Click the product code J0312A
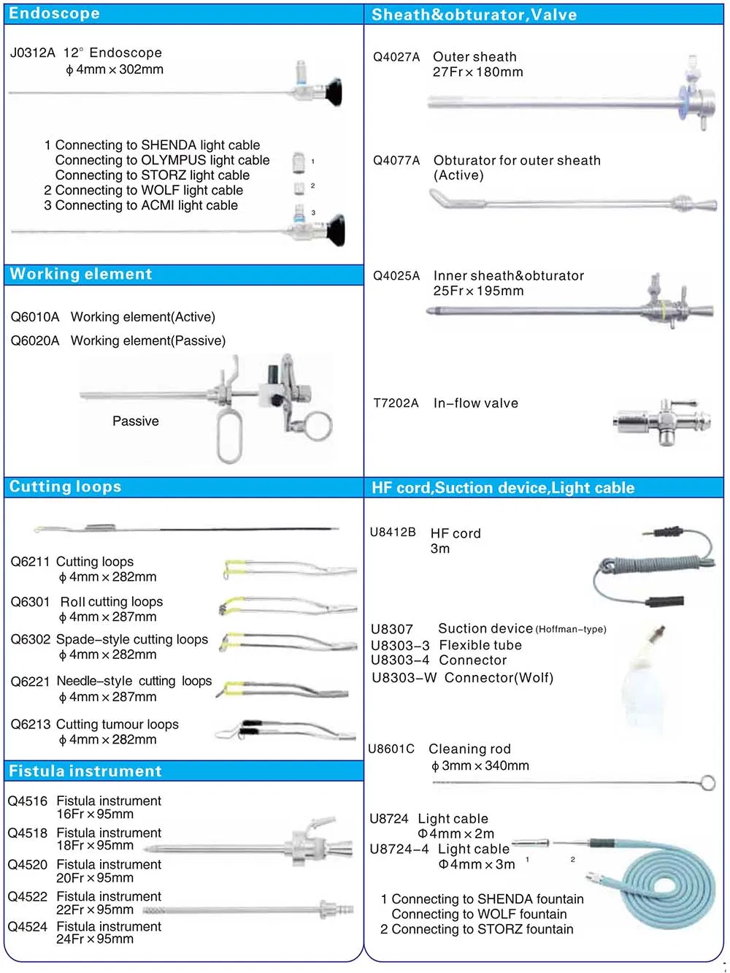[x=32, y=53]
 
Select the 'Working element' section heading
[x=81, y=274]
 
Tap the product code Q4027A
[x=396, y=57]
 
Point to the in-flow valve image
[x=661, y=421]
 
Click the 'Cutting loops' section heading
[x=65, y=487]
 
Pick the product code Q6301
[x=30, y=602]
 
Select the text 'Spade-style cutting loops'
[x=132, y=639]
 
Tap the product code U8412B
[x=393, y=533]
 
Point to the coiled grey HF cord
[x=653, y=566]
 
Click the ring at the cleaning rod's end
[x=707, y=783]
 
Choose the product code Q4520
[x=28, y=865]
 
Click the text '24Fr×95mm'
[x=95, y=939]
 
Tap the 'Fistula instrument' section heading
[x=85, y=771]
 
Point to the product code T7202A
[x=396, y=403]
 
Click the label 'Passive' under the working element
[x=135, y=421]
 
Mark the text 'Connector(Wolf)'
[x=499, y=678]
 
